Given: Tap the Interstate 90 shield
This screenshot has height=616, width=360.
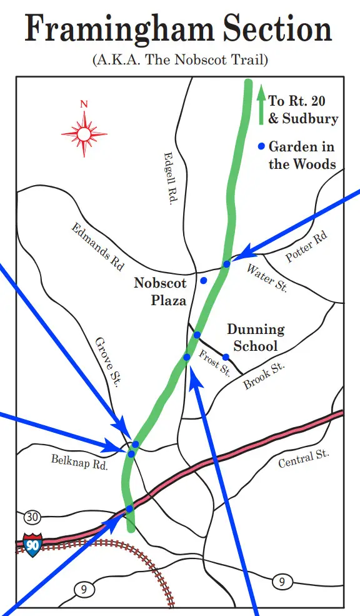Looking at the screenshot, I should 32,545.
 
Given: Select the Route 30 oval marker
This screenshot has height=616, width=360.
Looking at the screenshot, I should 32,517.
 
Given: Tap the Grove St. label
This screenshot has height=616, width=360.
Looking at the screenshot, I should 106,363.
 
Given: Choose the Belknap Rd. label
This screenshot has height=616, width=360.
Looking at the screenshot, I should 80,462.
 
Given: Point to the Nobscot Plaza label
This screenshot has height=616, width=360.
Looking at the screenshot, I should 161,291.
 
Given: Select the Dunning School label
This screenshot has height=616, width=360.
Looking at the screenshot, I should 255,337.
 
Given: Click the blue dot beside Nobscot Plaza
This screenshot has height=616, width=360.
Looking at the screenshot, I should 204,280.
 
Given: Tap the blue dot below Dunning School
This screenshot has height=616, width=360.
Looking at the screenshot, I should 226,357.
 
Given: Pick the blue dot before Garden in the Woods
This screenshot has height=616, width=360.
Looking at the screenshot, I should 261,147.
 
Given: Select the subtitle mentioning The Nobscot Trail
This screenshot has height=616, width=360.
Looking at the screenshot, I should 179,61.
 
